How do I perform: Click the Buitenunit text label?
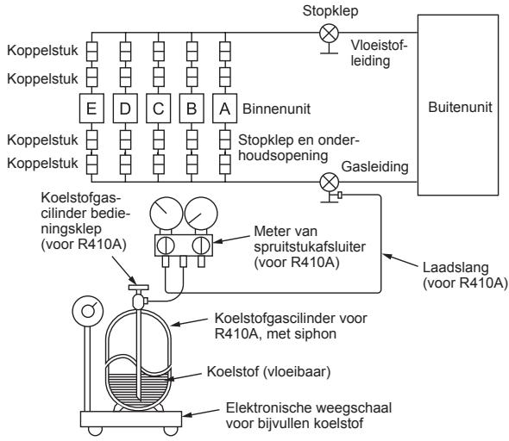(x=460, y=107)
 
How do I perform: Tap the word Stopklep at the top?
(x=330, y=11)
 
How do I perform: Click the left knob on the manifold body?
(x=166, y=245)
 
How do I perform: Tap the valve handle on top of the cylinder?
(x=138, y=287)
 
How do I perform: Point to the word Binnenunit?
(x=277, y=109)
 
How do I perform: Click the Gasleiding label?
(x=375, y=166)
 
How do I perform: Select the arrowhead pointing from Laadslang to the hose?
(x=386, y=257)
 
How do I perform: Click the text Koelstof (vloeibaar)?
(x=269, y=371)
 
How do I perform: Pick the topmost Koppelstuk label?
(x=42, y=51)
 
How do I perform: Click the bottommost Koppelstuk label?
(x=42, y=164)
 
